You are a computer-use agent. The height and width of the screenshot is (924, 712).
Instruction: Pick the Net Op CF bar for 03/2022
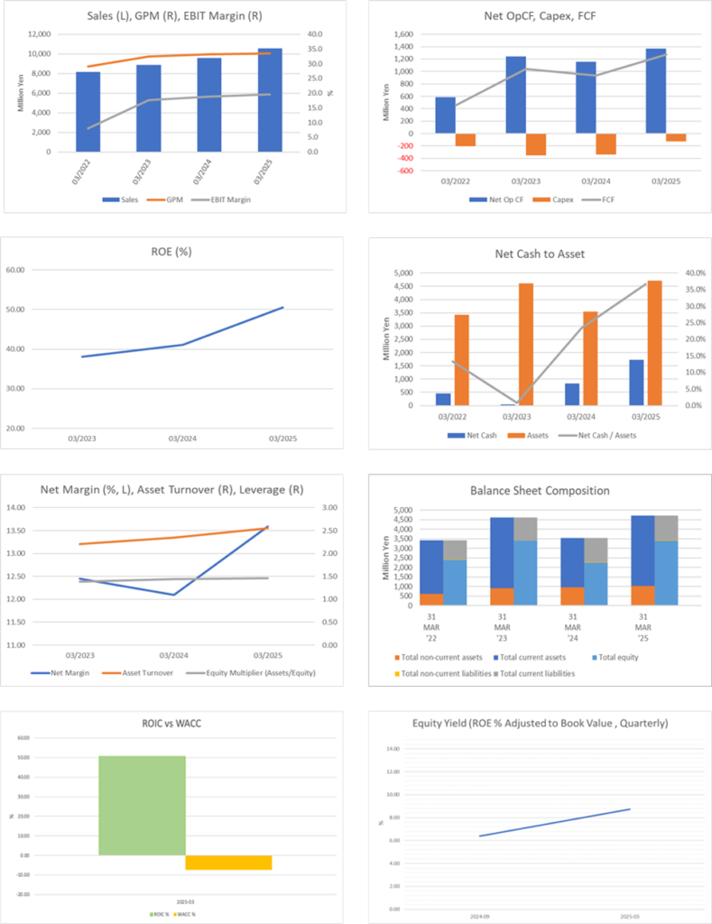click(445, 115)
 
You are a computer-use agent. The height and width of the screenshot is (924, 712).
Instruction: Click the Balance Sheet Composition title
click(539, 491)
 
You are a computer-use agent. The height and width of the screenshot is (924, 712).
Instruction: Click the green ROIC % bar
click(142, 805)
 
